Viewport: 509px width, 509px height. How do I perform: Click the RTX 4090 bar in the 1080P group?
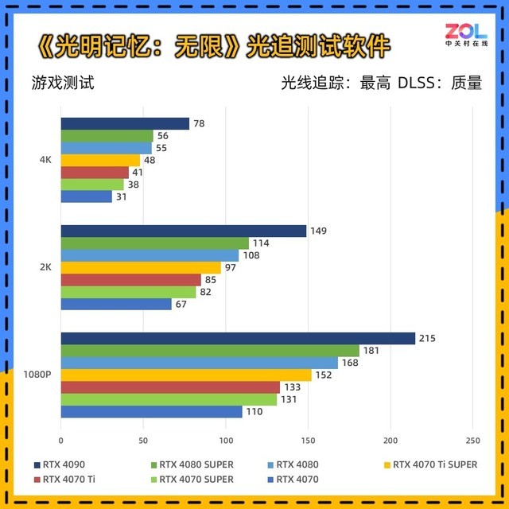238,338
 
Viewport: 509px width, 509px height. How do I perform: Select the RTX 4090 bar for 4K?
125,123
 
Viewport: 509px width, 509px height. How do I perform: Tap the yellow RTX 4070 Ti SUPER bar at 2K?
141,267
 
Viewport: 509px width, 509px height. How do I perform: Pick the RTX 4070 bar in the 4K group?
86,196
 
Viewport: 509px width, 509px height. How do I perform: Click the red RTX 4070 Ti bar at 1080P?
170,387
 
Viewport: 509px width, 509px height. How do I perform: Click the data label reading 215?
428,338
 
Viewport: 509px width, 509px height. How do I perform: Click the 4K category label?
45,160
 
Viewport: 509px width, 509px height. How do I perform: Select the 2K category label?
45,267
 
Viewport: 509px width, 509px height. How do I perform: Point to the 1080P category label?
37,375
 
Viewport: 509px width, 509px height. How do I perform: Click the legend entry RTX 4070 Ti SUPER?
434,464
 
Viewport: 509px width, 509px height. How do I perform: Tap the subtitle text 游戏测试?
63,83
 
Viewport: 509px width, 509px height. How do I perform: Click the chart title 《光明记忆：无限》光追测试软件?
213,45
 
